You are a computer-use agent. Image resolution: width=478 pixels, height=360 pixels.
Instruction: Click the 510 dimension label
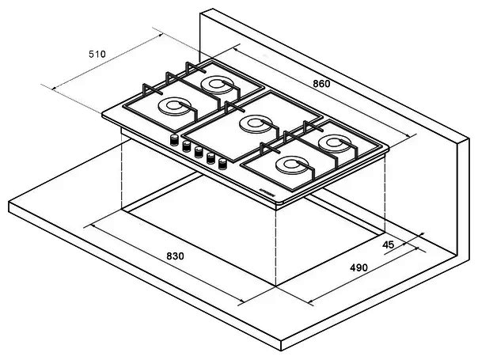pyautogui.click(x=97, y=55)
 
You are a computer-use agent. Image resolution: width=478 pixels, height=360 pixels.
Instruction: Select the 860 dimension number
pyautogui.click(x=321, y=84)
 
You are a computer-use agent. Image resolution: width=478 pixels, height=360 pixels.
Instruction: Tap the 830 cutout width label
pyautogui.click(x=175, y=256)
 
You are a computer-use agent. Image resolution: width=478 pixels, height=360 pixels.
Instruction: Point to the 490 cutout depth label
pyautogui.click(x=358, y=268)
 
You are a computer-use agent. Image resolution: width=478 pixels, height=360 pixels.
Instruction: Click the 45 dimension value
pyautogui.click(x=388, y=244)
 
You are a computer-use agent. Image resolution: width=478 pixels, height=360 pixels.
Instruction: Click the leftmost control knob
pyautogui.click(x=174, y=140)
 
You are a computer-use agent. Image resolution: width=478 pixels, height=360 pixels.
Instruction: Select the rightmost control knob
pyautogui.click(x=222, y=164)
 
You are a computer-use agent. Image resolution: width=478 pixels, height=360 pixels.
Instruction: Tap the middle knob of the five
pyautogui.click(x=199, y=152)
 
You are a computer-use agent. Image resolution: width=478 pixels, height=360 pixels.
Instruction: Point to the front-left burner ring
pyautogui.click(x=174, y=106)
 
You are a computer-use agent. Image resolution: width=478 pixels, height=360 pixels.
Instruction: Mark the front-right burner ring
pyautogui.click(x=291, y=165)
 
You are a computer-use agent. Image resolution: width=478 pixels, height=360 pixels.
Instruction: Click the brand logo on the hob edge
pyautogui.click(x=267, y=194)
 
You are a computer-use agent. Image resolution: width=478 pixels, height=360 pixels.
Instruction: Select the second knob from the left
pyautogui.click(x=186, y=146)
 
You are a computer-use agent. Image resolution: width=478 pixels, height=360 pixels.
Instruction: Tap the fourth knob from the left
pyautogui.click(x=211, y=158)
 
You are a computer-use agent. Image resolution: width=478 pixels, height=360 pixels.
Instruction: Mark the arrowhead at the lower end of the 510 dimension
pyautogui.click(x=55, y=88)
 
